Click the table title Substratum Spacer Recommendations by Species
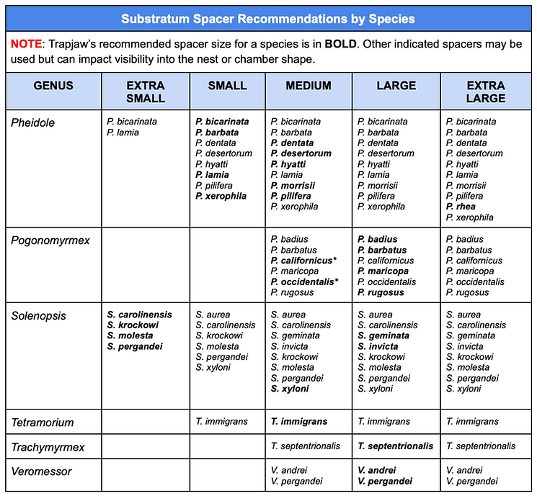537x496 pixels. click(x=268, y=18)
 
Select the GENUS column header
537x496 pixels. click(x=53, y=86)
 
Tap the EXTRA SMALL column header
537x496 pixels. click(x=146, y=91)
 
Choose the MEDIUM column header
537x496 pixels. click(x=309, y=86)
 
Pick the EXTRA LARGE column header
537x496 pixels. click(x=485, y=91)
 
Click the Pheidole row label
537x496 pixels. click(x=32, y=122)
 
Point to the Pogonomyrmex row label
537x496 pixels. click(x=50, y=240)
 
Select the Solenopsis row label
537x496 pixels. click(x=38, y=315)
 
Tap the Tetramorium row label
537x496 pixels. click(x=43, y=422)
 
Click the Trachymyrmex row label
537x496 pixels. click(x=48, y=446)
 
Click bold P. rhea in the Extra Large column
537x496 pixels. click(x=463, y=207)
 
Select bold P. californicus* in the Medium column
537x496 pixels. click(x=306, y=261)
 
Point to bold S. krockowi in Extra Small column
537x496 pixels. click(x=133, y=325)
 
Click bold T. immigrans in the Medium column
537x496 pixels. click(x=299, y=422)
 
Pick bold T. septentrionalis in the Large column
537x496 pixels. click(x=396, y=446)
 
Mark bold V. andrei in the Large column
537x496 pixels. click(x=377, y=471)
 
